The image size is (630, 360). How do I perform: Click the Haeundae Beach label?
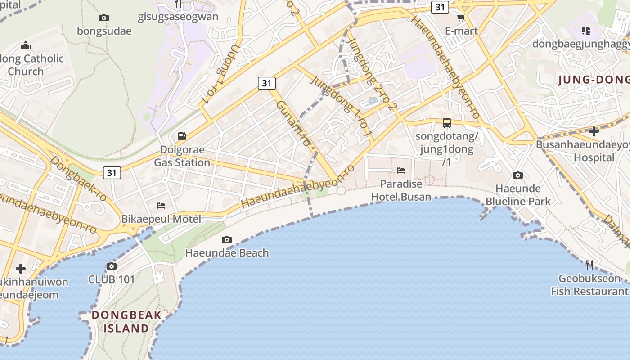point(227,253)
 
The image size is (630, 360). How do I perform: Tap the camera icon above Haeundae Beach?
point(227,239)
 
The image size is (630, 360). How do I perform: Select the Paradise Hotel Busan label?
point(401,190)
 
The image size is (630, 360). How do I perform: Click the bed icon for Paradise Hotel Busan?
point(401,170)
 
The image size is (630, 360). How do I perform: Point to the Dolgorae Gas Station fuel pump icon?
point(182,136)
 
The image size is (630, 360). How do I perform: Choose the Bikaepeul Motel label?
point(161,219)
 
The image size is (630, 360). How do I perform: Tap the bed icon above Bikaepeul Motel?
point(161,206)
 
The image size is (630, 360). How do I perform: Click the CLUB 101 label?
point(111,279)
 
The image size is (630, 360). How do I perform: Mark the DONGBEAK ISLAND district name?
point(126,321)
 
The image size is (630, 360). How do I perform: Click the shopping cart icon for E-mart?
point(461,18)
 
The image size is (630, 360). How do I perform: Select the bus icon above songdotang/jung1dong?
point(446,122)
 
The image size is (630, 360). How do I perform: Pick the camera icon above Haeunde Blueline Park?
point(518,175)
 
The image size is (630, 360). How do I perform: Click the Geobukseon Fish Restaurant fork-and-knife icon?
point(589,265)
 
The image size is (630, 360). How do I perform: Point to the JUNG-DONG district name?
point(593,80)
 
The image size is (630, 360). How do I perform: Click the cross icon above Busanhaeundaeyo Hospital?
point(594,131)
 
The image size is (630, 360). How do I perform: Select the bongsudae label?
point(104,31)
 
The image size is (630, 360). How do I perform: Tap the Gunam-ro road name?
point(293,122)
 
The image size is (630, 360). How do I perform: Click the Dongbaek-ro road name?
point(78,179)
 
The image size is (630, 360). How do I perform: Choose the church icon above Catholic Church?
point(26,45)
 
